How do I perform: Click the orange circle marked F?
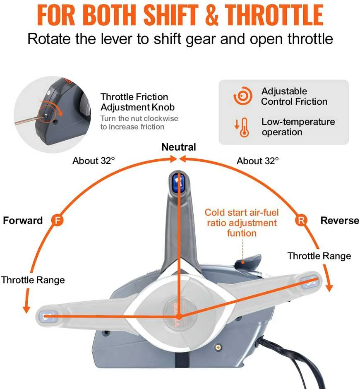tap(58, 220)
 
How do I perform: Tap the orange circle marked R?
tap(301, 220)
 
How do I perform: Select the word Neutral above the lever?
tap(179, 147)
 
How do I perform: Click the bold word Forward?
tap(23, 220)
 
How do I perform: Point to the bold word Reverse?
tap(340, 220)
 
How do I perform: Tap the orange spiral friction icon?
tap(242, 96)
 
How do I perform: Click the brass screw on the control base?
tap(218, 348)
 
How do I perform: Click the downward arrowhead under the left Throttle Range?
tap(26, 310)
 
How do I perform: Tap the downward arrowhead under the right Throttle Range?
tap(329, 288)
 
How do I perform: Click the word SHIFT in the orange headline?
tap(171, 15)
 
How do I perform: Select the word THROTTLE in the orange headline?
tap(274, 15)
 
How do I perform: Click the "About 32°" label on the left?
tap(94, 161)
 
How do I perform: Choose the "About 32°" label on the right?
tap(257, 161)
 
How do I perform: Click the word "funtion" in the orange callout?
tap(242, 233)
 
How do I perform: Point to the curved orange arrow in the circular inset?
tap(56, 109)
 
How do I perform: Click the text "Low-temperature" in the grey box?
tap(298, 122)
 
